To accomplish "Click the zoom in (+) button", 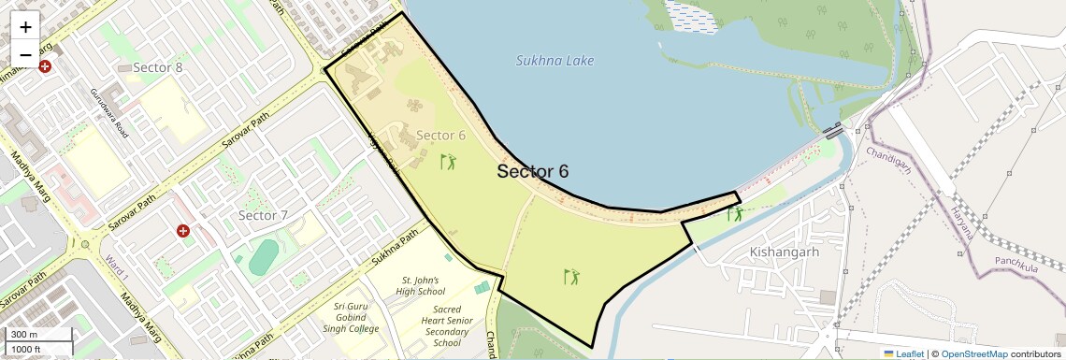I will pyautogui.click(x=25, y=27).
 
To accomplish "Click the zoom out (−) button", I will pyautogui.click(x=25, y=53).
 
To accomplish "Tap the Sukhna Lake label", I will pyautogui.click(x=555, y=61).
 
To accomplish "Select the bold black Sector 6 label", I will pyautogui.click(x=532, y=171).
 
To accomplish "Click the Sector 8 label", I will pyautogui.click(x=158, y=67).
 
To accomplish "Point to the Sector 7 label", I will pyautogui.click(x=263, y=216).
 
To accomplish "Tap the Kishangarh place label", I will pyautogui.click(x=785, y=252).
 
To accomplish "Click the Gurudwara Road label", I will pyautogui.click(x=110, y=110).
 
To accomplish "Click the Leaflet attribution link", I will pyautogui.click(x=903, y=353).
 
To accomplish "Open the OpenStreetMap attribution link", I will pyautogui.click(x=974, y=353).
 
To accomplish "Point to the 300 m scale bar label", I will pyautogui.click(x=25, y=335).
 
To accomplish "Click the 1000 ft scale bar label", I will pyautogui.click(x=28, y=349).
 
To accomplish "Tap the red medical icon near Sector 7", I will pyautogui.click(x=183, y=230).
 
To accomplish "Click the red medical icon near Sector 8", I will pyautogui.click(x=45, y=67).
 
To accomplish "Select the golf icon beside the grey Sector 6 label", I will pyautogui.click(x=449, y=162).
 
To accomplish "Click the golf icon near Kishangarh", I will pyautogui.click(x=737, y=213).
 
